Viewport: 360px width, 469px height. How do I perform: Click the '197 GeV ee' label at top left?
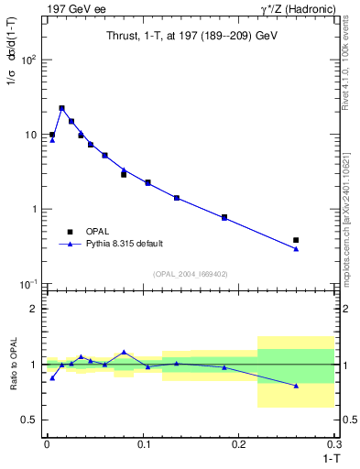(x=72, y=8)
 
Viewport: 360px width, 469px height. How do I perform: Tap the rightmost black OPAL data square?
(x=296, y=240)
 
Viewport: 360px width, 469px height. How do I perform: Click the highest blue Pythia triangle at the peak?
(x=61, y=108)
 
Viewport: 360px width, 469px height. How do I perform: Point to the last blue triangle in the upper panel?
(x=296, y=248)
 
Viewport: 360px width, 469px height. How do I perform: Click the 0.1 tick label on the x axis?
(x=142, y=443)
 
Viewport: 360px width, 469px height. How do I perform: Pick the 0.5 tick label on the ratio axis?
(x=30, y=420)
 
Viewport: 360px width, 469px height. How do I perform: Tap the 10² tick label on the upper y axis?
(x=29, y=60)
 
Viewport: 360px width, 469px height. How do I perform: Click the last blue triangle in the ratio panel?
(x=296, y=386)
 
